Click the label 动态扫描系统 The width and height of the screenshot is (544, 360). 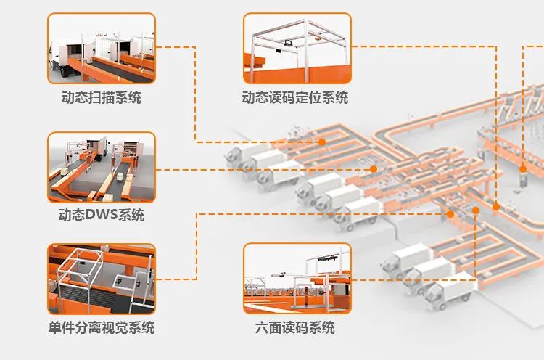(102, 98)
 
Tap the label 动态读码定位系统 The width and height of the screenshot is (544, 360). (295, 98)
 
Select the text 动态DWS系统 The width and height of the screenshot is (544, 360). (102, 216)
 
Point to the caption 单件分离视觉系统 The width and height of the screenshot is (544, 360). (102, 327)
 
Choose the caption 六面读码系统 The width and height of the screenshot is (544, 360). (295, 327)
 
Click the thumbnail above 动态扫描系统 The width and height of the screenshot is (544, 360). (102, 48)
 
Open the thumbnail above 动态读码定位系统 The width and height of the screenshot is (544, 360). (297, 48)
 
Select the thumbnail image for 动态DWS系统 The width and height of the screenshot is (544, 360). (102, 168)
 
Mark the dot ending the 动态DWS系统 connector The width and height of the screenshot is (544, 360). (374, 168)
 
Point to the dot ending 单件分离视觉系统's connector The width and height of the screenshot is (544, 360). (450, 214)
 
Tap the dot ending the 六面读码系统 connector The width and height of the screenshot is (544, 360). (475, 210)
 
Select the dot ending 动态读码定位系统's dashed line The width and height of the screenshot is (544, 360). (496, 207)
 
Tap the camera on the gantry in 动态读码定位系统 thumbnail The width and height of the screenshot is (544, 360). (288, 44)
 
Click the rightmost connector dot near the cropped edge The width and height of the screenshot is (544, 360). (522, 168)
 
